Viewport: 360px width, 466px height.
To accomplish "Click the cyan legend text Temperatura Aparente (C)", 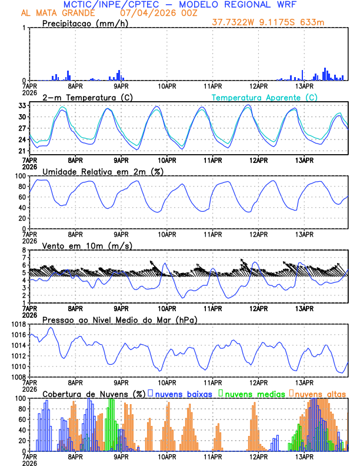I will point(264,97).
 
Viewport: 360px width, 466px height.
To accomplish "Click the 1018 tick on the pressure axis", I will point(17,324).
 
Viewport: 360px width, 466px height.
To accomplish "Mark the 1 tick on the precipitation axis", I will point(24,28).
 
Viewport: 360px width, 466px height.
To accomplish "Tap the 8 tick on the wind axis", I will point(24,250).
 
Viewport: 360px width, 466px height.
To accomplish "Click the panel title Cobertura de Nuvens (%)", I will point(93,393).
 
